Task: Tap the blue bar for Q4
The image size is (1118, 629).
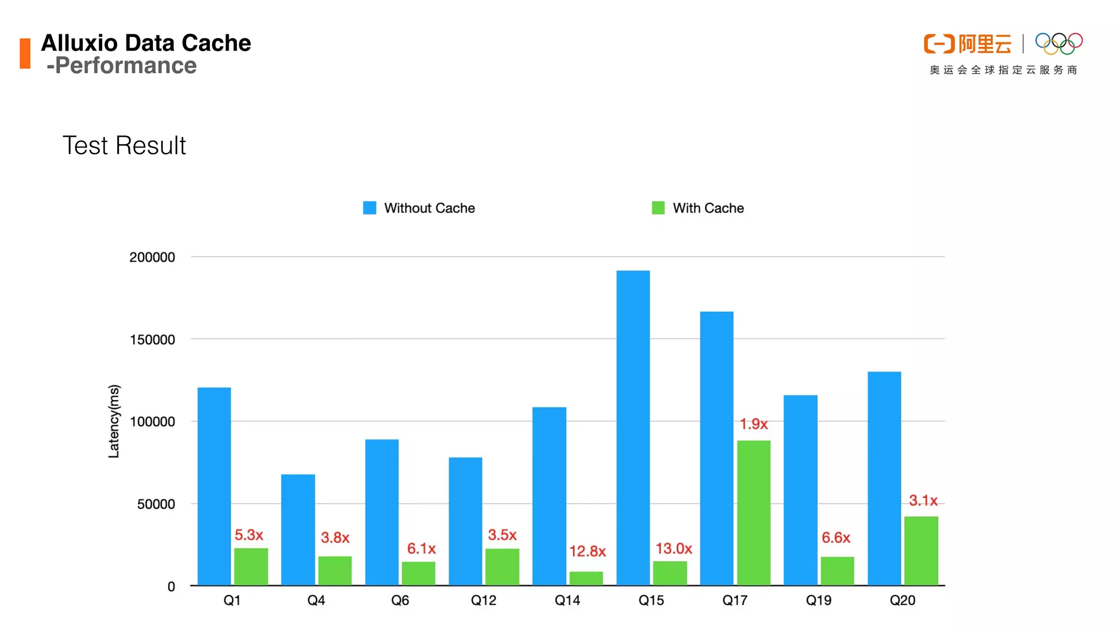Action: pyautogui.click(x=298, y=530)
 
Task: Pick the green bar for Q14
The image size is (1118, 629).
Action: pyautogui.click(x=586, y=578)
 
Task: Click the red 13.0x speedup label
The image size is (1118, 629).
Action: pyautogui.click(x=673, y=548)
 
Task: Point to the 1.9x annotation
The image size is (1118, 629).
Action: pyautogui.click(x=753, y=424)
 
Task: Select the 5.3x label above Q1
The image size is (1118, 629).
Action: pyautogui.click(x=248, y=535)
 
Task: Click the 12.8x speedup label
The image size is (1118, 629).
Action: pyautogui.click(x=587, y=551)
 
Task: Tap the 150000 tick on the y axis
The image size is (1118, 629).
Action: pyautogui.click(x=152, y=340)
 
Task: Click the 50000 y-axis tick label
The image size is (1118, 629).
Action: pyautogui.click(x=156, y=504)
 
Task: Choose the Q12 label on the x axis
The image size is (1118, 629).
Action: pyautogui.click(x=483, y=600)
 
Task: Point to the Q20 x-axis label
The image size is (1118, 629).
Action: pyautogui.click(x=902, y=600)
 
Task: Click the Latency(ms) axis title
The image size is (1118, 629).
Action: pyautogui.click(x=114, y=421)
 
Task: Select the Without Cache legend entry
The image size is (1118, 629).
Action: pyautogui.click(x=429, y=208)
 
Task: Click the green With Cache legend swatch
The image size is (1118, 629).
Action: pyautogui.click(x=658, y=208)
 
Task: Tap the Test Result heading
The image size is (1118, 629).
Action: pyautogui.click(x=124, y=145)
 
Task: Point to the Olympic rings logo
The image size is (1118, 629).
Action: pyautogui.click(x=1058, y=44)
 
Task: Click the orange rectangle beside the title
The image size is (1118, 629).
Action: pyautogui.click(x=25, y=53)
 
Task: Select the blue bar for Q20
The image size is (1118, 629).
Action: pyautogui.click(x=884, y=478)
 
